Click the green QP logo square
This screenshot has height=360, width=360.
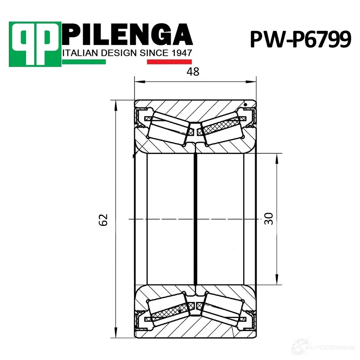click(x=35, y=44)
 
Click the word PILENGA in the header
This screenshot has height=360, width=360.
click(x=128, y=34)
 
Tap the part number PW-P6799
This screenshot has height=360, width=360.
click(x=301, y=39)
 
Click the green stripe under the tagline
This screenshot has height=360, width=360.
click(x=84, y=62)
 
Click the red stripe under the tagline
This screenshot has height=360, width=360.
click(x=169, y=62)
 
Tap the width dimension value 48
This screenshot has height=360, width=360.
click(x=193, y=72)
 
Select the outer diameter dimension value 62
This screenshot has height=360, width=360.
click(x=103, y=220)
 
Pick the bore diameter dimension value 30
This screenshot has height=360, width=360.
click(x=268, y=219)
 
